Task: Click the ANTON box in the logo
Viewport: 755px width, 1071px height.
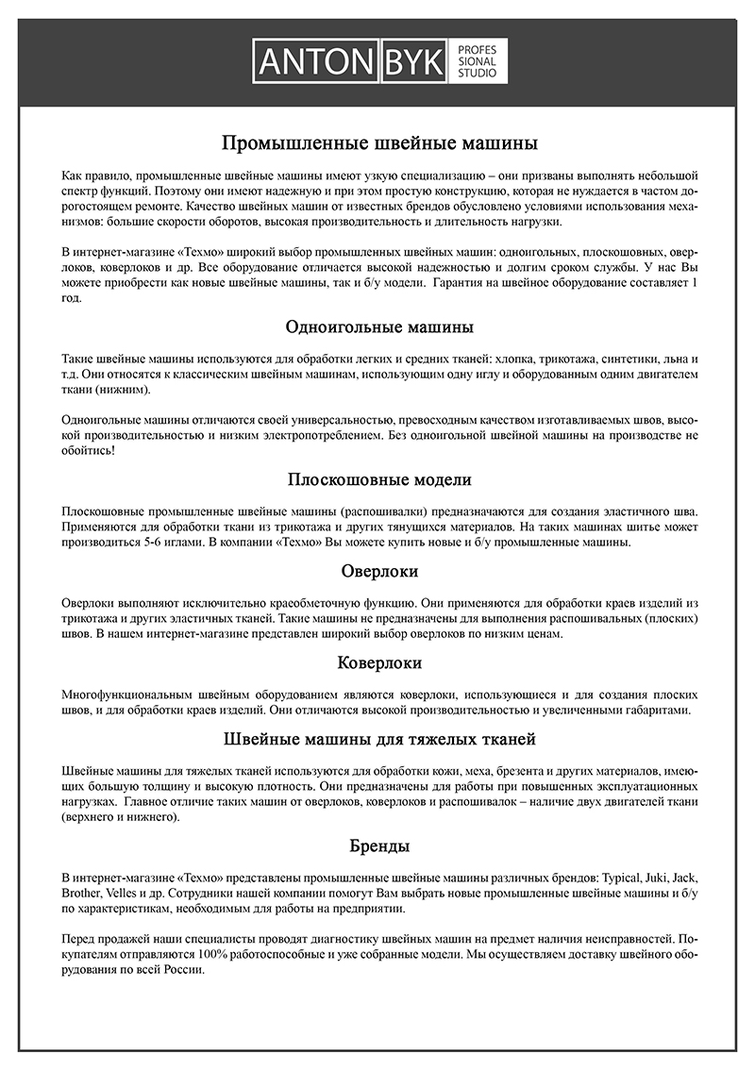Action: tap(317, 62)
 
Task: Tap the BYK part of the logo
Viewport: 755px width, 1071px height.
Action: tap(413, 62)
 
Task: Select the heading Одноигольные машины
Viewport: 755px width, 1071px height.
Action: tap(379, 327)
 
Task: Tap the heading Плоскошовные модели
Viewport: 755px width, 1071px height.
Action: tap(379, 479)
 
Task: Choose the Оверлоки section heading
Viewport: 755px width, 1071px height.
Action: tap(379, 571)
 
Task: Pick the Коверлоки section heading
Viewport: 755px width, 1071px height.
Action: tap(379, 662)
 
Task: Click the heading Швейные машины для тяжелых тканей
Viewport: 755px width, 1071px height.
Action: tap(379, 738)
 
